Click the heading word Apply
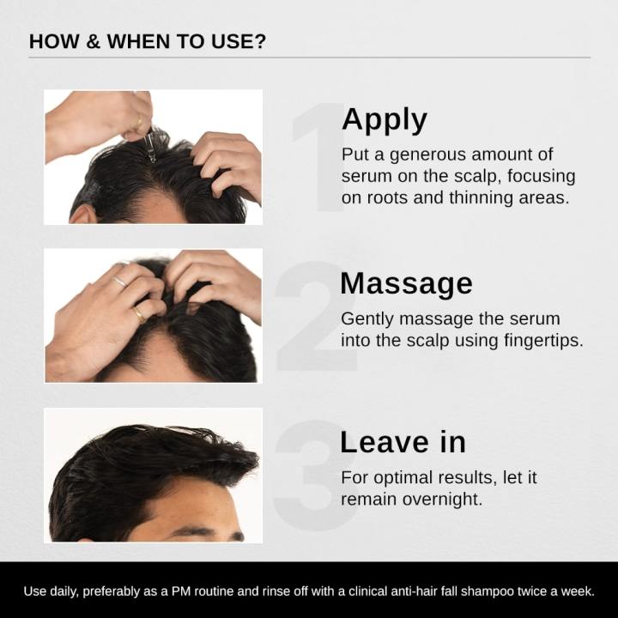[384, 121]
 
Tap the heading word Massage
[406, 283]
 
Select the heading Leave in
[403, 442]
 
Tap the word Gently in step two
[366, 318]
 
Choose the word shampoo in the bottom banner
[490, 591]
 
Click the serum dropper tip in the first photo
[152, 156]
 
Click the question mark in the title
[259, 41]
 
